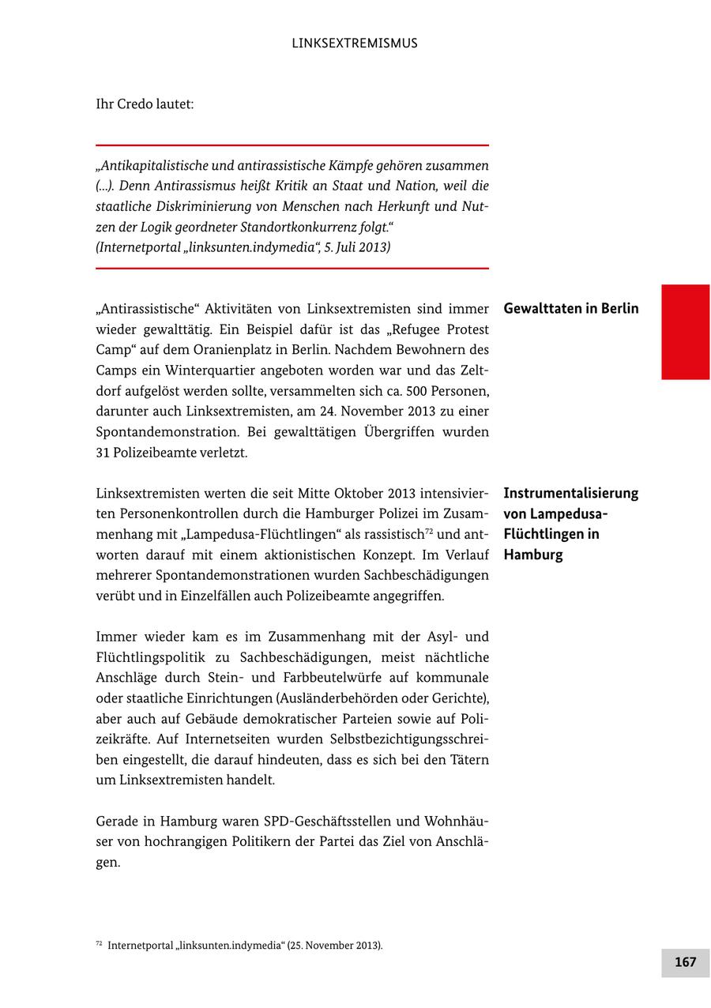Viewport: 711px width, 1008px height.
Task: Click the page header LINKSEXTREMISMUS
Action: tap(355, 43)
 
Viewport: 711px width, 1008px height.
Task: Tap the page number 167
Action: tap(685, 962)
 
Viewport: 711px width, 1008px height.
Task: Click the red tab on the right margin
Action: tap(685, 332)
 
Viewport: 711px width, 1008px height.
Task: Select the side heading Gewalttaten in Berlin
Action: tap(570, 309)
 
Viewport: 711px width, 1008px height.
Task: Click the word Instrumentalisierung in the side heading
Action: tap(570, 494)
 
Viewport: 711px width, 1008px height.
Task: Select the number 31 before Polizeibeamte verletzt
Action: tap(103, 453)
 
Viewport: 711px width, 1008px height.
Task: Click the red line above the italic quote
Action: tap(292, 145)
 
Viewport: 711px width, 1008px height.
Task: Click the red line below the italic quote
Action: tap(292, 269)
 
